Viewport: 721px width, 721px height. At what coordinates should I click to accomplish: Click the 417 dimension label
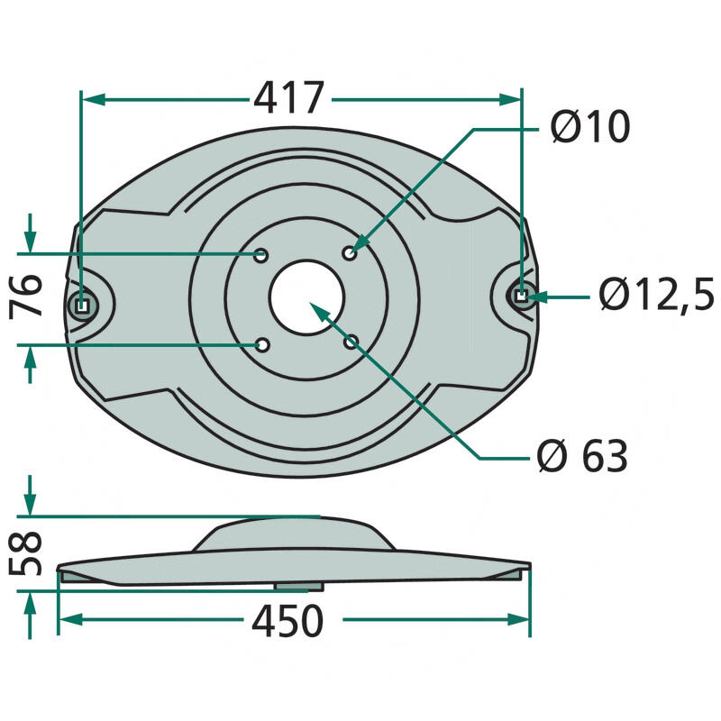coord(288,98)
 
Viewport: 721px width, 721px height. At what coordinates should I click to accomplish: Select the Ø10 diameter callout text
coord(590,126)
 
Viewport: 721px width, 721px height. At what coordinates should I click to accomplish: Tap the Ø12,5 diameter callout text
coord(656,294)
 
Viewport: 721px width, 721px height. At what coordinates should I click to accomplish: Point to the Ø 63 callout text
coord(582,456)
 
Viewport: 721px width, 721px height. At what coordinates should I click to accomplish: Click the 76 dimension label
coord(26,295)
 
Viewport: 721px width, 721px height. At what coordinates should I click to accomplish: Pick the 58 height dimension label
coord(26,553)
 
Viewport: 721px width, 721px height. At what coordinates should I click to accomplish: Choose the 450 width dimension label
coord(287,621)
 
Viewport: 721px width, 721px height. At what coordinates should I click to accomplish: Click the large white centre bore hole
coord(306,297)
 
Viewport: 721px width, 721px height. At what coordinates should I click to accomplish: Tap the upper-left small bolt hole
coord(261,256)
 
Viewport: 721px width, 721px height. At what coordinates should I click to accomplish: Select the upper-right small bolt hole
coord(350,253)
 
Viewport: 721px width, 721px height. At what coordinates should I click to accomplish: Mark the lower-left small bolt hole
coord(262,345)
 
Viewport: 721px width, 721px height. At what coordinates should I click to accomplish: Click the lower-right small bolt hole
coord(351,342)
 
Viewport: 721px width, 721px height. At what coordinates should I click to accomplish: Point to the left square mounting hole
coord(82,306)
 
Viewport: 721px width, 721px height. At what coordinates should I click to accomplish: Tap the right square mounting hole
coord(521,297)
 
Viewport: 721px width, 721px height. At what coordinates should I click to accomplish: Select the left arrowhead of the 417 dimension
coord(93,99)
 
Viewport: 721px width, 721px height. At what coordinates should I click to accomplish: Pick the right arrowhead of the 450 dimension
coord(519,619)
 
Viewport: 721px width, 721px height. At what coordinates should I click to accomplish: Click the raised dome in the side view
coord(294,534)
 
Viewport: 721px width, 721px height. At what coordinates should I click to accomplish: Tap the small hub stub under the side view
coord(299,588)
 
